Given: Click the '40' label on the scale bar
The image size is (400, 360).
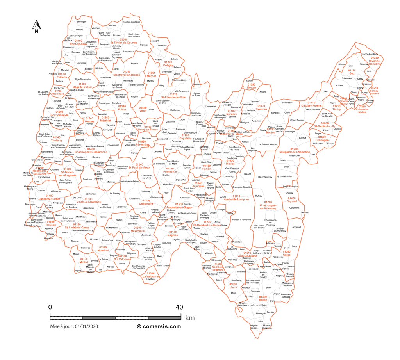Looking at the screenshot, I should click(x=179, y=307).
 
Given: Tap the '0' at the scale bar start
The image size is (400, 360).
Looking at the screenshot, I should click(x=50, y=307).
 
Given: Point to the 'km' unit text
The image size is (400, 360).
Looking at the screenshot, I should click(x=190, y=318).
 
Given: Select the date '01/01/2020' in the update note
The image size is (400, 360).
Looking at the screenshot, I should click(x=87, y=327).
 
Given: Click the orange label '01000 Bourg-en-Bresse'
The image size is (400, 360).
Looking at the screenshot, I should click(x=151, y=128).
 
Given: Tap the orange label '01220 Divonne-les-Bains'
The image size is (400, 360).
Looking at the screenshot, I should click(x=375, y=60).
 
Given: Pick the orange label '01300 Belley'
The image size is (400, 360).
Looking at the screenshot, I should click(x=263, y=298).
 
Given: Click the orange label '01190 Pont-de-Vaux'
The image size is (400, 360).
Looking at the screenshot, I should click(x=79, y=42).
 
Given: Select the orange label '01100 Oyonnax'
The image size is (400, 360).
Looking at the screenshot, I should click(x=261, y=107).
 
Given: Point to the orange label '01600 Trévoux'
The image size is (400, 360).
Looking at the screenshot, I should click(x=50, y=223).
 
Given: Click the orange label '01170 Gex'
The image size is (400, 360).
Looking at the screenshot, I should click(x=352, y=72).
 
